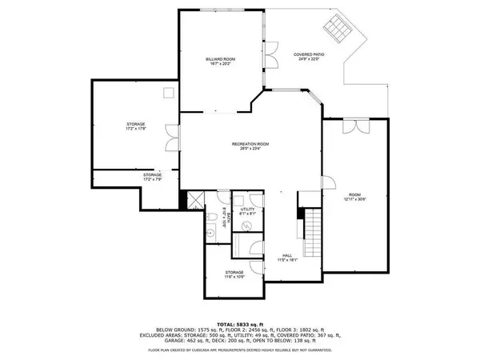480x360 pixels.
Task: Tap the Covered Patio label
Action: point(288,57)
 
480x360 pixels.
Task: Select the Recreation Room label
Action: point(250,146)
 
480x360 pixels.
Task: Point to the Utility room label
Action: point(247,210)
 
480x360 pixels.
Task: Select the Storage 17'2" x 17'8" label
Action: point(136,127)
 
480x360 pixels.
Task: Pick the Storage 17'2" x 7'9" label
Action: point(153,177)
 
